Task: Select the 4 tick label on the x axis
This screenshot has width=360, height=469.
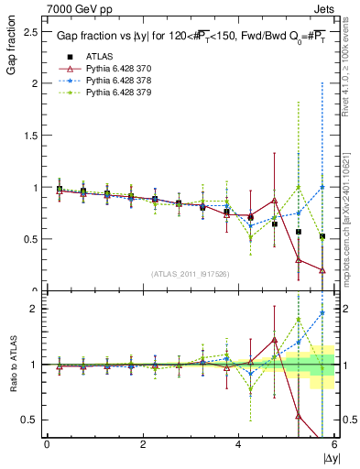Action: point(238,444)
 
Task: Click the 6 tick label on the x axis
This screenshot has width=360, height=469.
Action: point(333,444)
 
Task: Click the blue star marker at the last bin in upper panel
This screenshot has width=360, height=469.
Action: point(322,187)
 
